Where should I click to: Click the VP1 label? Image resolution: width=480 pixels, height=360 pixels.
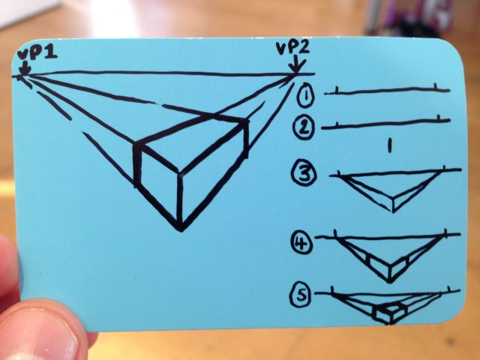coord(37,53)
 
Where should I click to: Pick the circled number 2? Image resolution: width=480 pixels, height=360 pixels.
coord(303,128)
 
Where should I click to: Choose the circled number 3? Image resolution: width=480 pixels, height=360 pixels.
coord(303,173)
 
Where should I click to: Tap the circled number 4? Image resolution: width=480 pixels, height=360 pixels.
coord(301,242)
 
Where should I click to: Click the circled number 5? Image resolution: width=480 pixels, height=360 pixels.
coord(301,295)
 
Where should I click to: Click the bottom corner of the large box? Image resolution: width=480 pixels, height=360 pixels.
coord(181,229)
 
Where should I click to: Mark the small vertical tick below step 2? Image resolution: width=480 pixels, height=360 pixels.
coord(389,145)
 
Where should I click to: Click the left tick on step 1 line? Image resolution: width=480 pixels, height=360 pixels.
coord(337,90)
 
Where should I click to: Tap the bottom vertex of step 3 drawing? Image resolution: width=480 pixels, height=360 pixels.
coord(393,211)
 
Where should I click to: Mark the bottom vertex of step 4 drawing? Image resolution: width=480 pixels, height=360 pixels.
coord(390,281)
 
